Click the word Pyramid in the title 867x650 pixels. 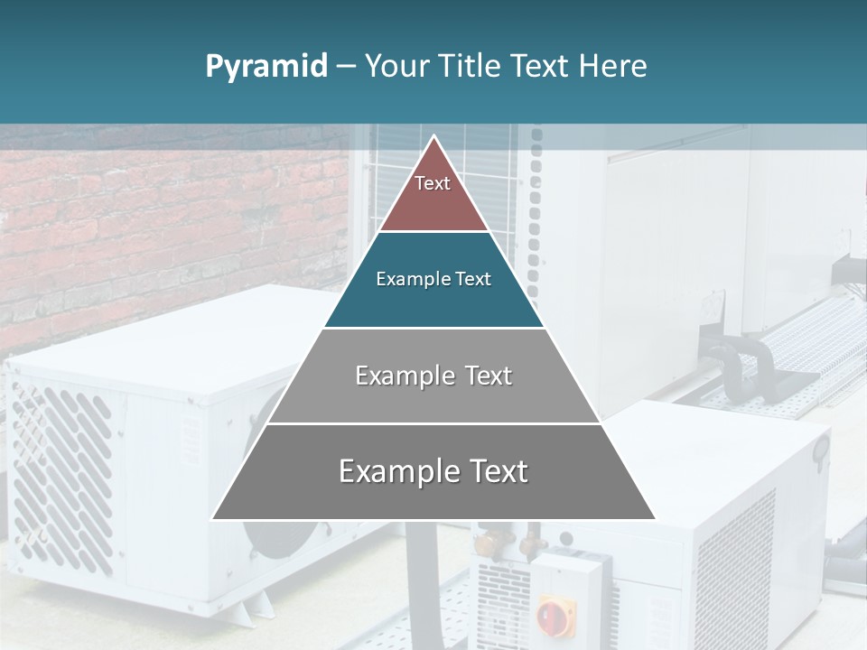[266, 67]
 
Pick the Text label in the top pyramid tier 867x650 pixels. [433, 183]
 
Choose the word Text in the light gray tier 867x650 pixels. [489, 376]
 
